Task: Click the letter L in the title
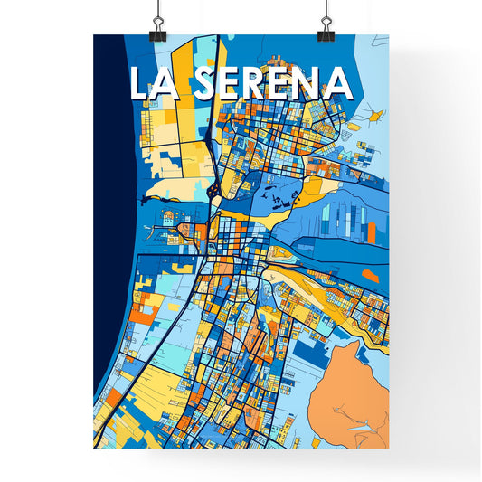point(140,84)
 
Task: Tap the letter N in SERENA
point(306,84)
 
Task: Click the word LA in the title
point(156,84)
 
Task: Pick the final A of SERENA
point(336,84)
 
